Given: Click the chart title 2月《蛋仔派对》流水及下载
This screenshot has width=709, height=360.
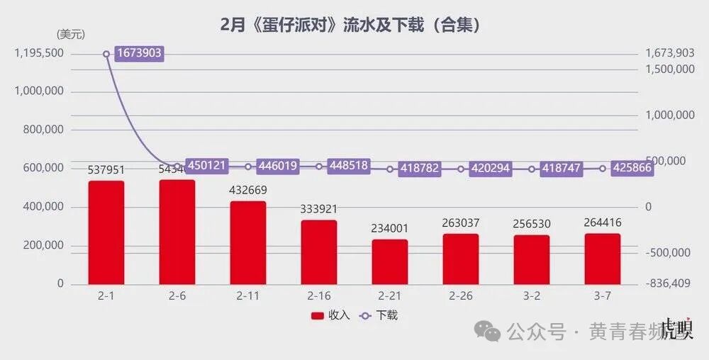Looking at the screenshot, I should [352, 26].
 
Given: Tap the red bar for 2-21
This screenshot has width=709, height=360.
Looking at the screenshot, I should [390, 261].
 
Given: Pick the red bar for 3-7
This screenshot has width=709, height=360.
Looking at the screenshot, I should [603, 259].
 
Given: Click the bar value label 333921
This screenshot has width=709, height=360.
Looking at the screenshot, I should [319, 210].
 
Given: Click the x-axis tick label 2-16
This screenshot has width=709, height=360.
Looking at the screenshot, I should [319, 296].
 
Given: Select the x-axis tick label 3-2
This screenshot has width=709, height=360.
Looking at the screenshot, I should [532, 296].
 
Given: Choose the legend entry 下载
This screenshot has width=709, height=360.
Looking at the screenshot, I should [379, 315].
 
